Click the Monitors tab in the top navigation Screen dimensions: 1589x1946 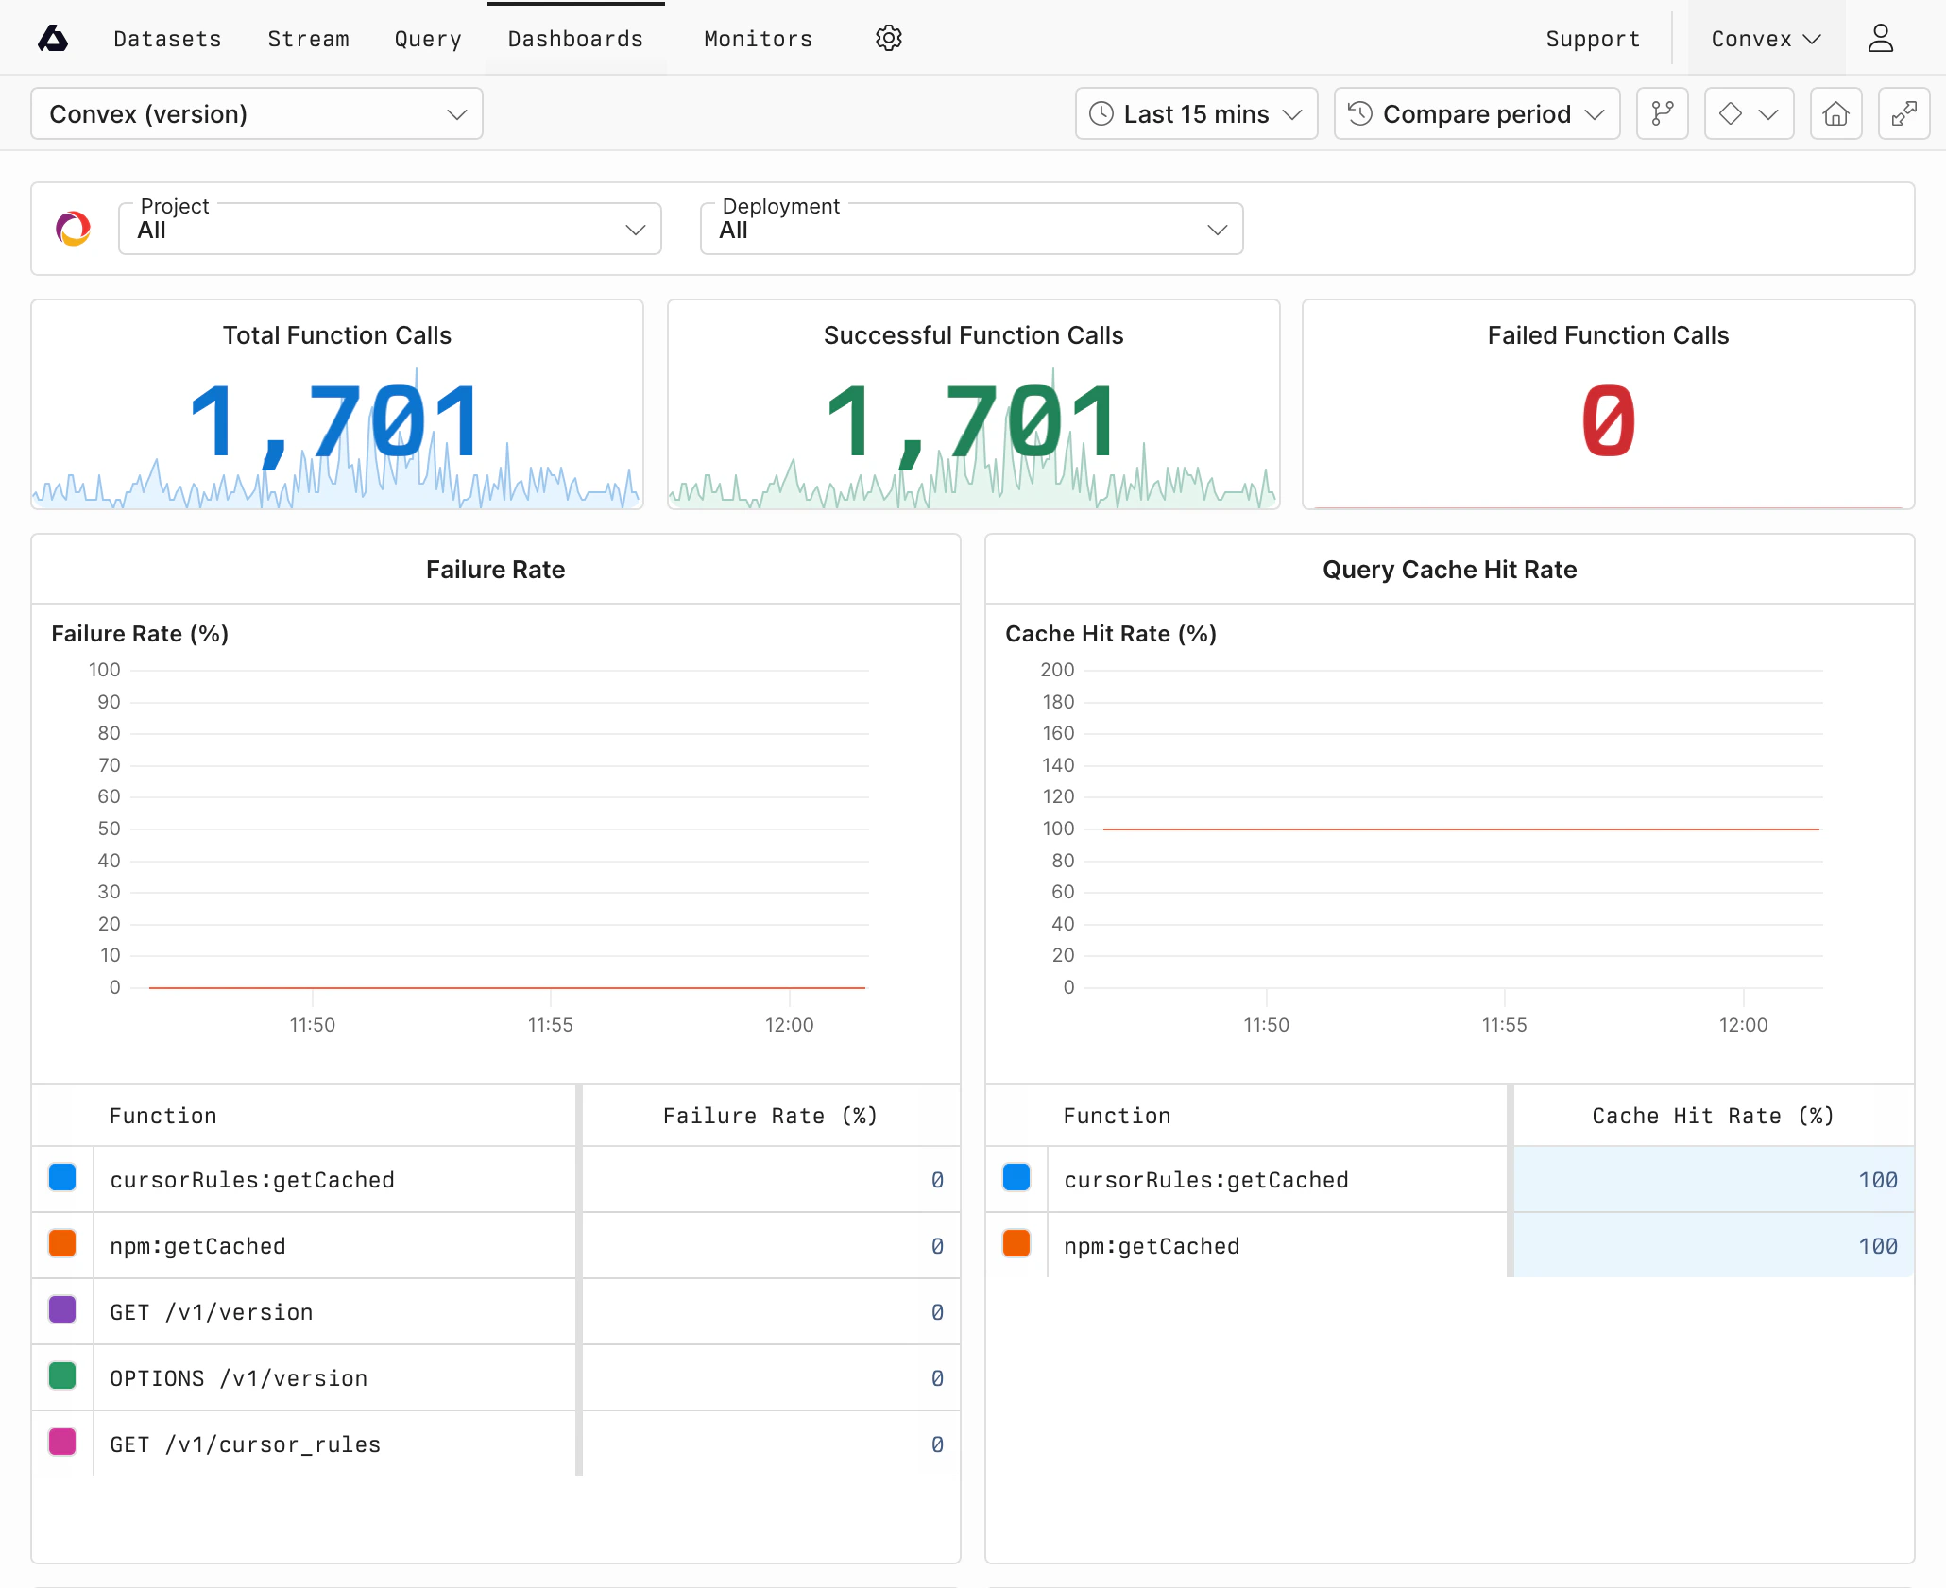pos(758,39)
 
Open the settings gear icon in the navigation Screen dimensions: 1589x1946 pos(888,39)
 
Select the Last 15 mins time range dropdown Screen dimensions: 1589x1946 pos(1196,114)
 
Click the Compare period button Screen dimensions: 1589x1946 pos(1477,114)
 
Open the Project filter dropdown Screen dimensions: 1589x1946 pos(389,229)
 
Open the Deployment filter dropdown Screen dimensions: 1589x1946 pos(971,229)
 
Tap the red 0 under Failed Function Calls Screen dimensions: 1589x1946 pos(1608,420)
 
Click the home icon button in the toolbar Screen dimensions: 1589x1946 pos(1835,114)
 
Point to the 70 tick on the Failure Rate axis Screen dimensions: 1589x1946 pos(110,765)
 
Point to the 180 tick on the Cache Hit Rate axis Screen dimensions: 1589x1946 pos(1058,702)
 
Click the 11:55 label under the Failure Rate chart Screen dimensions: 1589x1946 pos(550,1025)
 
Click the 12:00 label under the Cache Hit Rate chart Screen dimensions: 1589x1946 pos(1743,1025)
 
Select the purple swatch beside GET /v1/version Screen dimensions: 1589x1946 pos(62,1310)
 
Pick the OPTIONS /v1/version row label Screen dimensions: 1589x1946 pos(239,1378)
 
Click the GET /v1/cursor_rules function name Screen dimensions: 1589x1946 pos(246,1444)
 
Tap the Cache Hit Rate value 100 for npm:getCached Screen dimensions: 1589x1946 pos(1877,1246)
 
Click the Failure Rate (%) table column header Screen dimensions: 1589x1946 pos(770,1116)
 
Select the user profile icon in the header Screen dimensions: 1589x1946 pos(1881,39)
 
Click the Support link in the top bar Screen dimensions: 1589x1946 pos(1593,39)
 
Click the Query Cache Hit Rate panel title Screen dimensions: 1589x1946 pos(1449,570)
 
